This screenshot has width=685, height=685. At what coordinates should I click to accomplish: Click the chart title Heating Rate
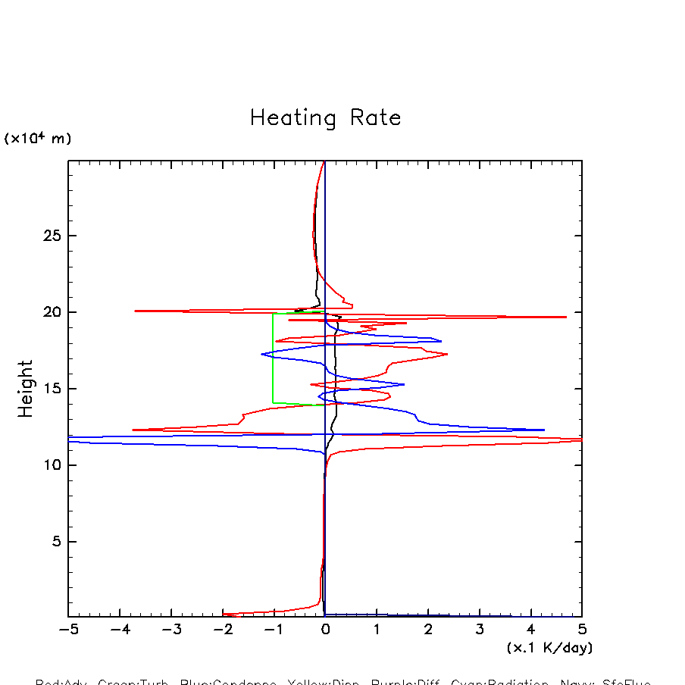325,118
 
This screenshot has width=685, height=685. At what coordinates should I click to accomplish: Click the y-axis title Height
26,388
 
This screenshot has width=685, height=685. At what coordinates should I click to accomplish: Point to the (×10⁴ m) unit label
38,139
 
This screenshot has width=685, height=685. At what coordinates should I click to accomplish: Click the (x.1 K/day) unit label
549,648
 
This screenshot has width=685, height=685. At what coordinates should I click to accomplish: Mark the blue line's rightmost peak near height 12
544,430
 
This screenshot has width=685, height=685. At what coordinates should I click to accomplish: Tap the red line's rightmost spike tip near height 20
565,317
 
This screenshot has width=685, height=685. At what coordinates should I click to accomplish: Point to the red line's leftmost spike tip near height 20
135,311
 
